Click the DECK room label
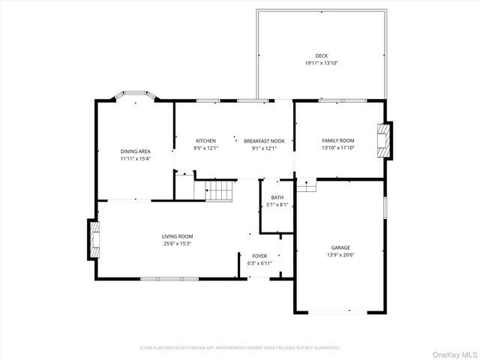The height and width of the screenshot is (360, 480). coord(321,56)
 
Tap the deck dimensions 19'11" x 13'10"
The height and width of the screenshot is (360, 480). coord(321,63)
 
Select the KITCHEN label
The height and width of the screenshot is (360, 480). coord(206,141)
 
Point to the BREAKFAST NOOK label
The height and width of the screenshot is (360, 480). coord(264,141)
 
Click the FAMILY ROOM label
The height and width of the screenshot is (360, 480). coord(338,141)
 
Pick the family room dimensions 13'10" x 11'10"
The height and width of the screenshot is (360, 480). coord(338,148)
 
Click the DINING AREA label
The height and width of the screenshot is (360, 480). coord(136,151)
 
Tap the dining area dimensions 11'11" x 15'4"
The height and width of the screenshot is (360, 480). coord(136,158)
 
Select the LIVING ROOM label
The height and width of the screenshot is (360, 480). coord(178,236)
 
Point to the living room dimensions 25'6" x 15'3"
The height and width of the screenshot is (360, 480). coord(178,243)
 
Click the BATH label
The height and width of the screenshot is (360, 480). coord(277,198)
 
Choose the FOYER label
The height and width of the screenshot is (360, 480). coord(258,256)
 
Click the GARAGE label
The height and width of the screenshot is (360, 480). coord(341,247)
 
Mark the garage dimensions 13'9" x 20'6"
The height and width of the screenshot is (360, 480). coord(341,255)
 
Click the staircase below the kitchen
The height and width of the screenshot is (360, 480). coord(220,190)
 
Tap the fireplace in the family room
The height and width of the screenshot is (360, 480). coord(384,140)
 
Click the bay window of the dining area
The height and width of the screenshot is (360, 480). coord(135,95)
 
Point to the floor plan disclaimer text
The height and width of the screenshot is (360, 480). coord(240,347)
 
